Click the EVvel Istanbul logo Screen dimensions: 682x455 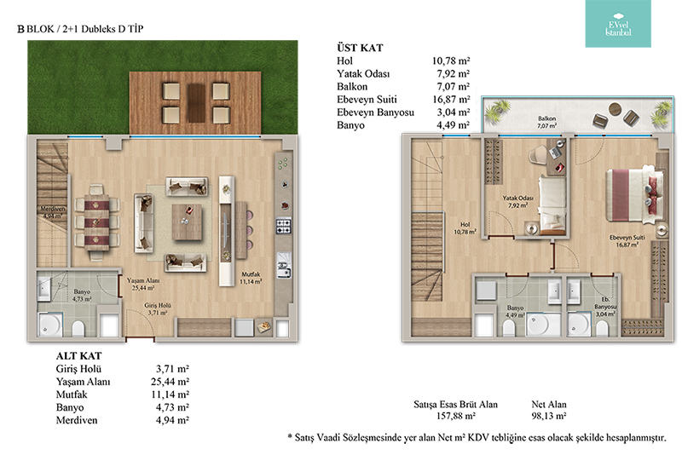click(617, 24)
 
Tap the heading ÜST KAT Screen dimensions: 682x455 click(360, 48)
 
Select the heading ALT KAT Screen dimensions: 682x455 click(78, 356)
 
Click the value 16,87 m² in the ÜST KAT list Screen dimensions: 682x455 click(451, 100)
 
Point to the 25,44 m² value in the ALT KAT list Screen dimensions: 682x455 click(170, 382)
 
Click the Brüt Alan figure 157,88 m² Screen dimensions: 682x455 click(455, 416)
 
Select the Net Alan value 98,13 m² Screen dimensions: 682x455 click(548, 416)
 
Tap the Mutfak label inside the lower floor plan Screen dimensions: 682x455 click(251, 274)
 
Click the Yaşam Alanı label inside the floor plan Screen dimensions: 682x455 click(143, 280)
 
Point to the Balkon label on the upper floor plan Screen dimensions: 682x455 click(546, 118)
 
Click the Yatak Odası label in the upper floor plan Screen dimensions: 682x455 click(517, 199)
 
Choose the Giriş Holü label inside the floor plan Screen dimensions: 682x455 click(158, 306)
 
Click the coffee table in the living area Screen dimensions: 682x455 click(187, 222)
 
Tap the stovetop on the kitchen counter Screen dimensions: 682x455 click(284, 226)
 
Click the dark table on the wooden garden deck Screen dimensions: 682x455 click(196, 103)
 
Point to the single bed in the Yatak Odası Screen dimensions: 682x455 click(552, 204)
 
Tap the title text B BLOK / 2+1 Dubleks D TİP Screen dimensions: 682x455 click(80, 29)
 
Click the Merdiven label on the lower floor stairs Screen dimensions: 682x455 click(53, 209)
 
